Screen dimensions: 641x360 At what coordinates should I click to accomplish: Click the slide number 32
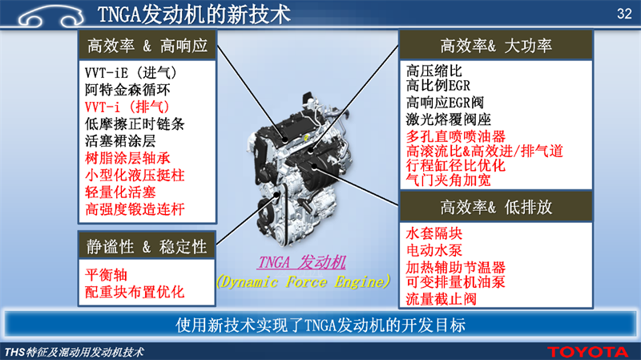(x=624, y=14)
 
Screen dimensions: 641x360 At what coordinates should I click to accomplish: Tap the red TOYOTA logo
(x=587, y=352)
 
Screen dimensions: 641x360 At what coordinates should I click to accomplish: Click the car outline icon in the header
(x=51, y=16)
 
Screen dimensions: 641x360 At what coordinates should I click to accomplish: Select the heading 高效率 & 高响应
(x=147, y=46)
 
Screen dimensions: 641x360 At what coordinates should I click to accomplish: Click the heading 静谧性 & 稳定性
(x=147, y=247)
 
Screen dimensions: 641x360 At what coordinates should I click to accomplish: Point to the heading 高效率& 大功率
(x=496, y=46)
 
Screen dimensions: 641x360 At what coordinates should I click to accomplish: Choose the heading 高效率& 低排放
(x=496, y=207)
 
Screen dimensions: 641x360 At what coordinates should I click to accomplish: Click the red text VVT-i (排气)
(x=127, y=107)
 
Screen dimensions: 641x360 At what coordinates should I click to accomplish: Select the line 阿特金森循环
(x=127, y=90)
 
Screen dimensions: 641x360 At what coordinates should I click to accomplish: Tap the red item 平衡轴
(x=106, y=274)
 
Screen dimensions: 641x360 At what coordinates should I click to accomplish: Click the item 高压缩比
(x=433, y=71)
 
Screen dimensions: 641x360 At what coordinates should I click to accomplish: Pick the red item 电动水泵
(x=433, y=250)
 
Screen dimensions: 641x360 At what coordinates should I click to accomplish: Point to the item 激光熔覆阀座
(x=448, y=119)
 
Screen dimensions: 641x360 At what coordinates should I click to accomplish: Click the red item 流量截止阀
(x=441, y=298)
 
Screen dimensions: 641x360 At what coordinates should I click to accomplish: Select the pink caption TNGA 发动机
(x=302, y=262)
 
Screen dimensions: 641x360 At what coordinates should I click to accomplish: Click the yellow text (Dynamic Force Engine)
(x=303, y=281)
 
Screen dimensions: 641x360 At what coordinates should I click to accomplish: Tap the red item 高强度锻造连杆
(x=135, y=209)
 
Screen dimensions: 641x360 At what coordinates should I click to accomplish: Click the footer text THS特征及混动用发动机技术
(x=74, y=352)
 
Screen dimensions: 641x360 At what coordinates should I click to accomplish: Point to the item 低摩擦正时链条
(x=135, y=123)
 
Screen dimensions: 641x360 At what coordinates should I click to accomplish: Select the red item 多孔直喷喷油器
(x=455, y=136)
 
